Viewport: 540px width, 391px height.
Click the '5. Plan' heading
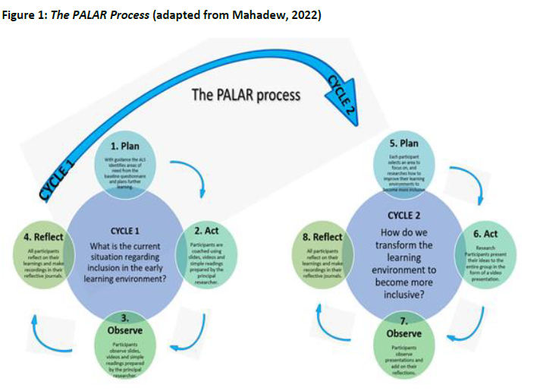403,143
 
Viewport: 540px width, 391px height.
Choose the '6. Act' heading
485,235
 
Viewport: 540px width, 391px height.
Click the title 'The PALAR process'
245,95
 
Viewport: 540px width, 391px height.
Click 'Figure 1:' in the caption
24,16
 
